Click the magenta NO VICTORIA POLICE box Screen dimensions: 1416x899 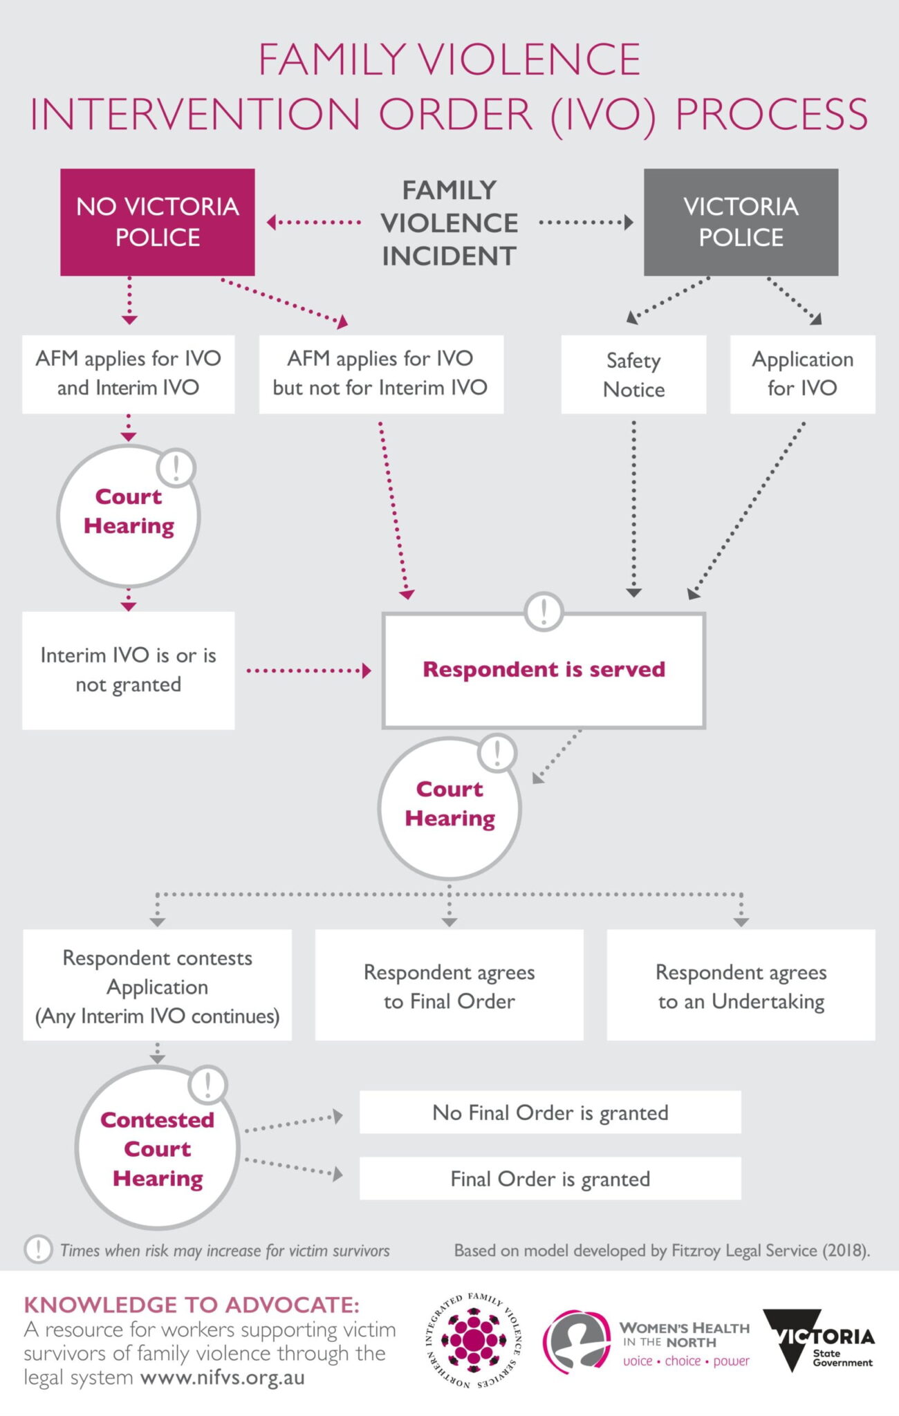[158, 222]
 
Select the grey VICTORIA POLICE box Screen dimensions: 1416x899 [741, 222]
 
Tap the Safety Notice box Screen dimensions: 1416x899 [633, 375]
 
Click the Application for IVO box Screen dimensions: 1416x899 [802, 374]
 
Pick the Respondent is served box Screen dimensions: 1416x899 [544, 670]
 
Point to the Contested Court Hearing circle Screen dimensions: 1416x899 [158, 1149]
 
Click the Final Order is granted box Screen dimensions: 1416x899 [550, 1179]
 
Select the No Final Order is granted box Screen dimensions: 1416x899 [550, 1112]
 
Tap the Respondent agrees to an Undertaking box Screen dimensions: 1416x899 [741, 986]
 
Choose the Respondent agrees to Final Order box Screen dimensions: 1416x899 [449, 986]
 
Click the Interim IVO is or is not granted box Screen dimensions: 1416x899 [128, 670]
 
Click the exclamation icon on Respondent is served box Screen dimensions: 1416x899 [544, 611]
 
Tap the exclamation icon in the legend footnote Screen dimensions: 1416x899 [38, 1249]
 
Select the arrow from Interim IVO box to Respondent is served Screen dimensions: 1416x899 [308, 671]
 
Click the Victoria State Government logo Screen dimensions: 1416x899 [819, 1341]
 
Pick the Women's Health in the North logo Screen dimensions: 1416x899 [647, 1343]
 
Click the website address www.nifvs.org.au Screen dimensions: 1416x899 [222, 1377]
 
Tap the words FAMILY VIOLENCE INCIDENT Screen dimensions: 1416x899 [449, 223]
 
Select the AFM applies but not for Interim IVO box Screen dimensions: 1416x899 [380, 374]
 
